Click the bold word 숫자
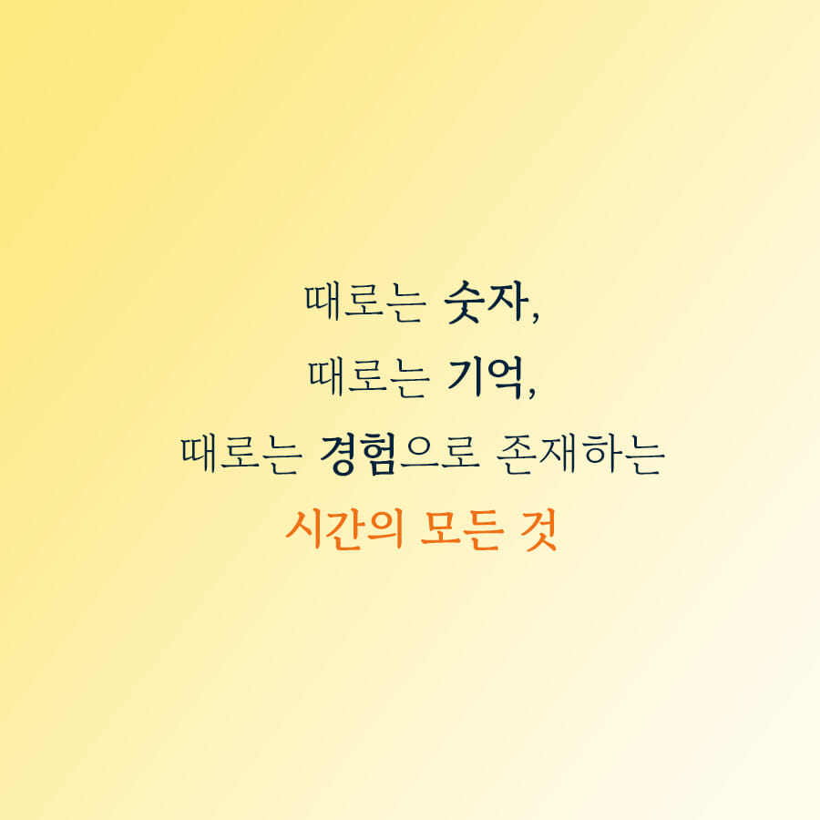point(485,303)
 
